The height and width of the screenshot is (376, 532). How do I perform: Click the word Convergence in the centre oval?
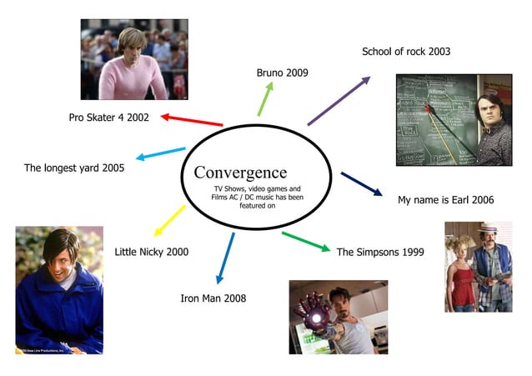240,173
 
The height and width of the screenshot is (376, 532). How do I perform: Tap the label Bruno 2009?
282,73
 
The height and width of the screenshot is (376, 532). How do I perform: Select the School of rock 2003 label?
405,52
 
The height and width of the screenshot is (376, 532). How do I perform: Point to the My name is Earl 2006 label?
445,200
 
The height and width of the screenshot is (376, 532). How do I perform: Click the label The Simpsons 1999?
380,251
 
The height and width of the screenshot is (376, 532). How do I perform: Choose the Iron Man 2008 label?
213,298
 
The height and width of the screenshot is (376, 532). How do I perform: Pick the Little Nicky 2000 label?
152,252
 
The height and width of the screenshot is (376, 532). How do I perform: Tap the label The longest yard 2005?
74,168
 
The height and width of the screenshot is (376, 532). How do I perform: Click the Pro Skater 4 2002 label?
109,118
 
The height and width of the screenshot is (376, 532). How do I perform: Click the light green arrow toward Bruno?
264,99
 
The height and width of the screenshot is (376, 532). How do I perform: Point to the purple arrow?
339,101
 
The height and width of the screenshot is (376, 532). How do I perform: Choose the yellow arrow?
171,219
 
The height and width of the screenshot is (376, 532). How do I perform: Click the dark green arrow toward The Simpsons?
305,241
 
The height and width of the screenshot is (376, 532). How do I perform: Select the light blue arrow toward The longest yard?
161,153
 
